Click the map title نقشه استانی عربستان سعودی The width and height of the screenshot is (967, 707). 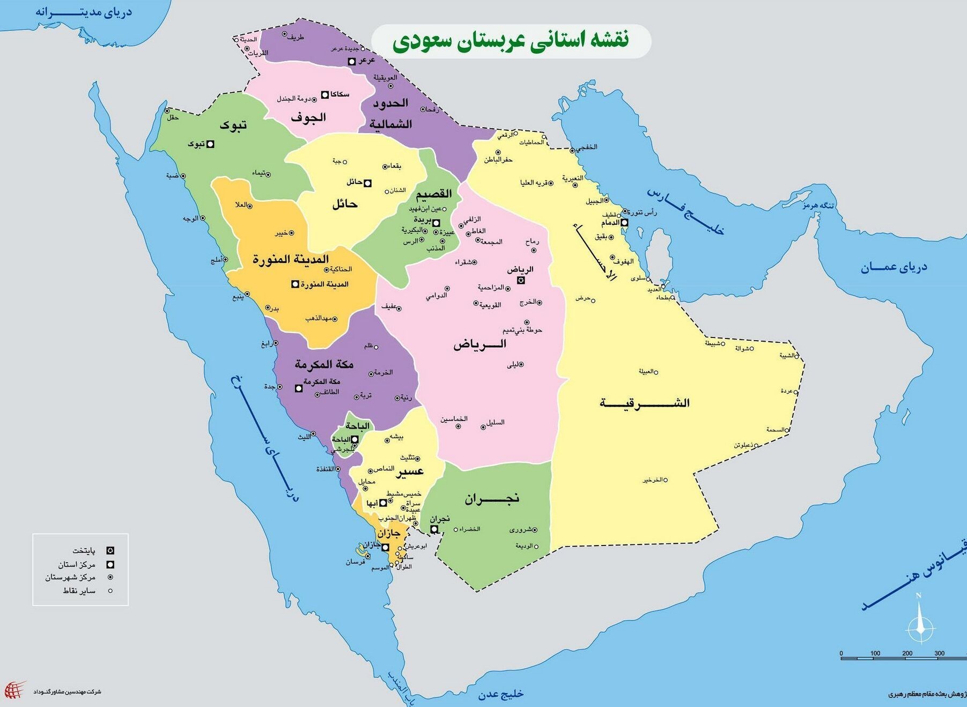tap(511, 41)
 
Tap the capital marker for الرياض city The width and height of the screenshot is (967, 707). tap(521, 280)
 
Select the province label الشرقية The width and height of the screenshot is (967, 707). tap(644, 403)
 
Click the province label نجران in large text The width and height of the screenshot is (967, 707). tap(492, 498)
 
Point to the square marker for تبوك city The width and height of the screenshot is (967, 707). tap(211, 144)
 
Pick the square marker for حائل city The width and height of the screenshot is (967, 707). tap(368, 183)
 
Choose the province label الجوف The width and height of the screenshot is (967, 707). tap(308, 117)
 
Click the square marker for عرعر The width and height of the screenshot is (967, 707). tap(352, 61)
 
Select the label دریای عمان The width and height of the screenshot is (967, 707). tap(894, 267)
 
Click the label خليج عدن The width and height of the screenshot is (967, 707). tap(500, 694)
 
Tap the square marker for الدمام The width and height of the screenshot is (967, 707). tap(624, 222)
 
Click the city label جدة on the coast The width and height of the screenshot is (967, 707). tap(269, 386)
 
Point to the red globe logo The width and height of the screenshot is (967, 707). tap(14, 689)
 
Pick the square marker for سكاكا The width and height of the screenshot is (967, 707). tap(324, 95)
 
